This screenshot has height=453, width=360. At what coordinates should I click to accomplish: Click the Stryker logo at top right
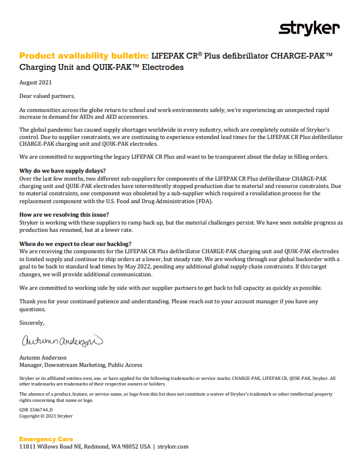click(x=309, y=28)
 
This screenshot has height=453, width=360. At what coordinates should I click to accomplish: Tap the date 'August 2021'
click(x=35, y=82)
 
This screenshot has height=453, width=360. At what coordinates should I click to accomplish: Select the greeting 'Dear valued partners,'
click(x=47, y=96)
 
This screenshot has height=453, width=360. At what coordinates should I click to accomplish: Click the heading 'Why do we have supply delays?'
click(x=62, y=171)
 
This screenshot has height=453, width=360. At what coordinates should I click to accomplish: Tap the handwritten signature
click(x=61, y=341)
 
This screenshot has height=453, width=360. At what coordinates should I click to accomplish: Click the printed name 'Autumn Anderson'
click(x=43, y=357)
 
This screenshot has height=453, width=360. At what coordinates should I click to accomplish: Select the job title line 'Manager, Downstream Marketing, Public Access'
click(x=80, y=365)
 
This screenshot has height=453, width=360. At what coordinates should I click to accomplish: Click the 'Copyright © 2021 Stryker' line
click(x=46, y=416)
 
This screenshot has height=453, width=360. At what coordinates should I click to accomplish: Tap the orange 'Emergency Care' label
click(x=46, y=439)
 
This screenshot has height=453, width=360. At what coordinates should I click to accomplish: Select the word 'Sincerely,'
click(x=31, y=323)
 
